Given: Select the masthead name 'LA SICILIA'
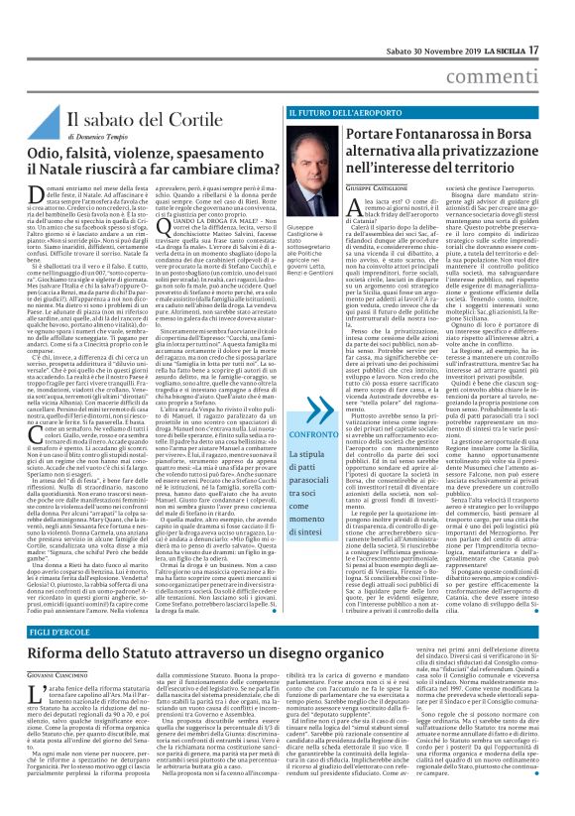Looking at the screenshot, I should pos(523,22).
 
